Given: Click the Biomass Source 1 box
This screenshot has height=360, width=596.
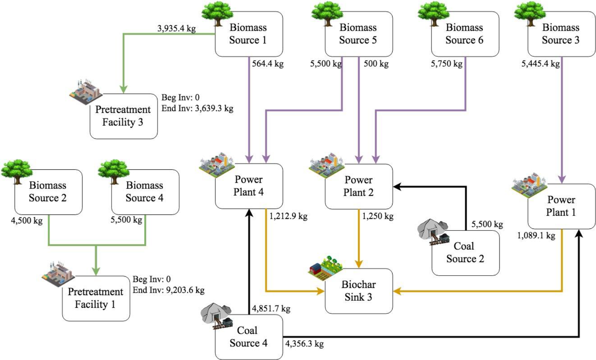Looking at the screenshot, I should [x=249, y=34].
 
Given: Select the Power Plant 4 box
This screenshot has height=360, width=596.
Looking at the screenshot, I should [x=249, y=186].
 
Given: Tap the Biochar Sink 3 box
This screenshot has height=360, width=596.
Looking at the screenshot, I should [x=358, y=291].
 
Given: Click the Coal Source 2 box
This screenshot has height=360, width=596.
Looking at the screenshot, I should [x=465, y=252].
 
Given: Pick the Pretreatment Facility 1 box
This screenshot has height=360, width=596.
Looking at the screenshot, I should [x=96, y=298].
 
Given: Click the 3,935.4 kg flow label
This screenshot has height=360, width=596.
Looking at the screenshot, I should [x=176, y=28].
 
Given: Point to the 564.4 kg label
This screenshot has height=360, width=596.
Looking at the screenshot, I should [x=268, y=64].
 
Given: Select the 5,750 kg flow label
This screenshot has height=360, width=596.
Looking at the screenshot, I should [x=446, y=64].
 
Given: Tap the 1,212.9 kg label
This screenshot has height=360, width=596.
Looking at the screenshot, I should [x=288, y=216].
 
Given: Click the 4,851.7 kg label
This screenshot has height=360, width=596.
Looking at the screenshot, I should [x=271, y=309].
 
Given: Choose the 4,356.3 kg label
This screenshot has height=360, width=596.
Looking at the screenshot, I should [x=304, y=344].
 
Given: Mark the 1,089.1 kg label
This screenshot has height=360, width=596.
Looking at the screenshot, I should [x=536, y=235].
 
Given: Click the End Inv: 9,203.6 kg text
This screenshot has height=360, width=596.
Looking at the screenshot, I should [x=169, y=290].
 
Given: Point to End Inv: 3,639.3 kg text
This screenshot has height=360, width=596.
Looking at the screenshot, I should [x=197, y=108].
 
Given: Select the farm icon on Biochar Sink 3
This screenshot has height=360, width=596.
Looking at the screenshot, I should [x=326, y=267].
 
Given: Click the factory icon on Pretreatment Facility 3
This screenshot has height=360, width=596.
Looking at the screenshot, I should [x=85, y=91].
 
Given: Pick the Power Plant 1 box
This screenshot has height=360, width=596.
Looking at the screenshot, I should [x=561, y=206].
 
